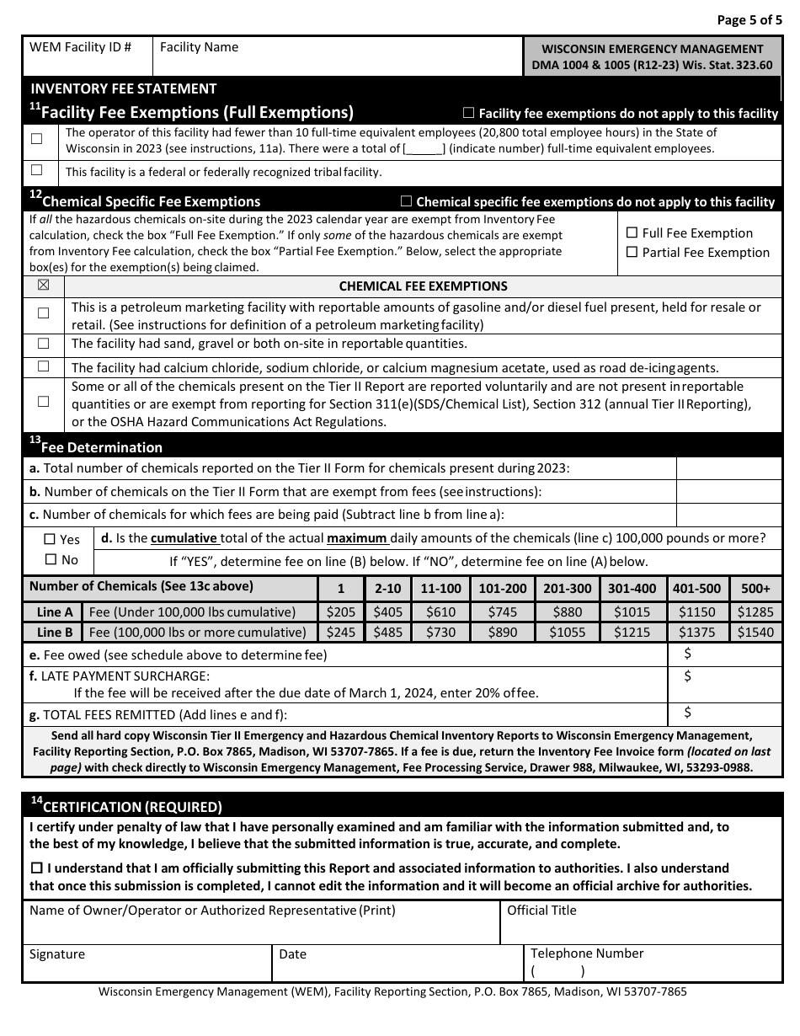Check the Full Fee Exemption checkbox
632,233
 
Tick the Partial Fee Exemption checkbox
632,253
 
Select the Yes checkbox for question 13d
50,539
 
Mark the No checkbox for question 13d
50,560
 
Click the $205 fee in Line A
340,612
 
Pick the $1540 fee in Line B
755,633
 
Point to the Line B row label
55,633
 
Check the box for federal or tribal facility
36,171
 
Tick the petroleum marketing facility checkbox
43,313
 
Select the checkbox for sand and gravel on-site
43,344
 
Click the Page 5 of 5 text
749,19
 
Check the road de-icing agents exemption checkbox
43,366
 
